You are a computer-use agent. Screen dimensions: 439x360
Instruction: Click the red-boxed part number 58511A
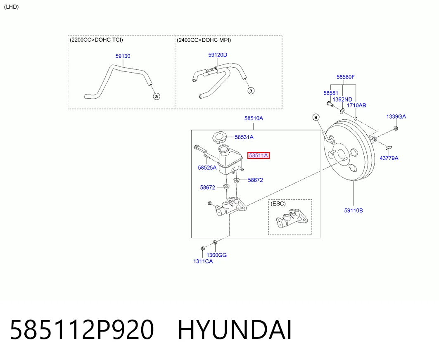coord(259,155)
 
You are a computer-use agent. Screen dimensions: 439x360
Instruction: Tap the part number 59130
coord(123,56)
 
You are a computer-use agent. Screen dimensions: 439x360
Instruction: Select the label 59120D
coord(218,55)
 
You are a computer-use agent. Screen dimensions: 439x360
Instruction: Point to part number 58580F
coord(346,77)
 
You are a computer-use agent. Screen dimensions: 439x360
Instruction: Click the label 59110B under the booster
coord(354,210)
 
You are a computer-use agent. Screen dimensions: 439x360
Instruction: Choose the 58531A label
coord(244,137)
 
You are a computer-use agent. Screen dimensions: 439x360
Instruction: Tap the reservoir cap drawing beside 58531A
coord(220,138)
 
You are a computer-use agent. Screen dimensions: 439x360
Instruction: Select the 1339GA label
coord(396,116)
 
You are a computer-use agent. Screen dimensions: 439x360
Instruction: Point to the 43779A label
coord(389,158)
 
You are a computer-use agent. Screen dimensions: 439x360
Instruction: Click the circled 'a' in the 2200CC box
coord(157,96)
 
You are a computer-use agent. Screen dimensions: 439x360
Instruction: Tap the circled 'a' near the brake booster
coord(316,117)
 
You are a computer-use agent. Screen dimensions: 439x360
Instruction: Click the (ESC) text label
coord(278,204)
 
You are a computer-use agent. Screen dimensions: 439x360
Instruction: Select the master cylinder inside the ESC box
coord(292,218)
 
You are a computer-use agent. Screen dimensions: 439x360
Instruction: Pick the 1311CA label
coord(203,261)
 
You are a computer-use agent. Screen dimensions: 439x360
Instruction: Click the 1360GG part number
coord(216,255)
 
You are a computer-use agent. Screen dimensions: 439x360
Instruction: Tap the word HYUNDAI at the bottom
coord(235,330)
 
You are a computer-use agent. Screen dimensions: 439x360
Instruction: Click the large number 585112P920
coord(82,330)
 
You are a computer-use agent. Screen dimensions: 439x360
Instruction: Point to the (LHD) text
coord(11,7)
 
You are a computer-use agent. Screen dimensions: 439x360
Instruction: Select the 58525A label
coord(207,168)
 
